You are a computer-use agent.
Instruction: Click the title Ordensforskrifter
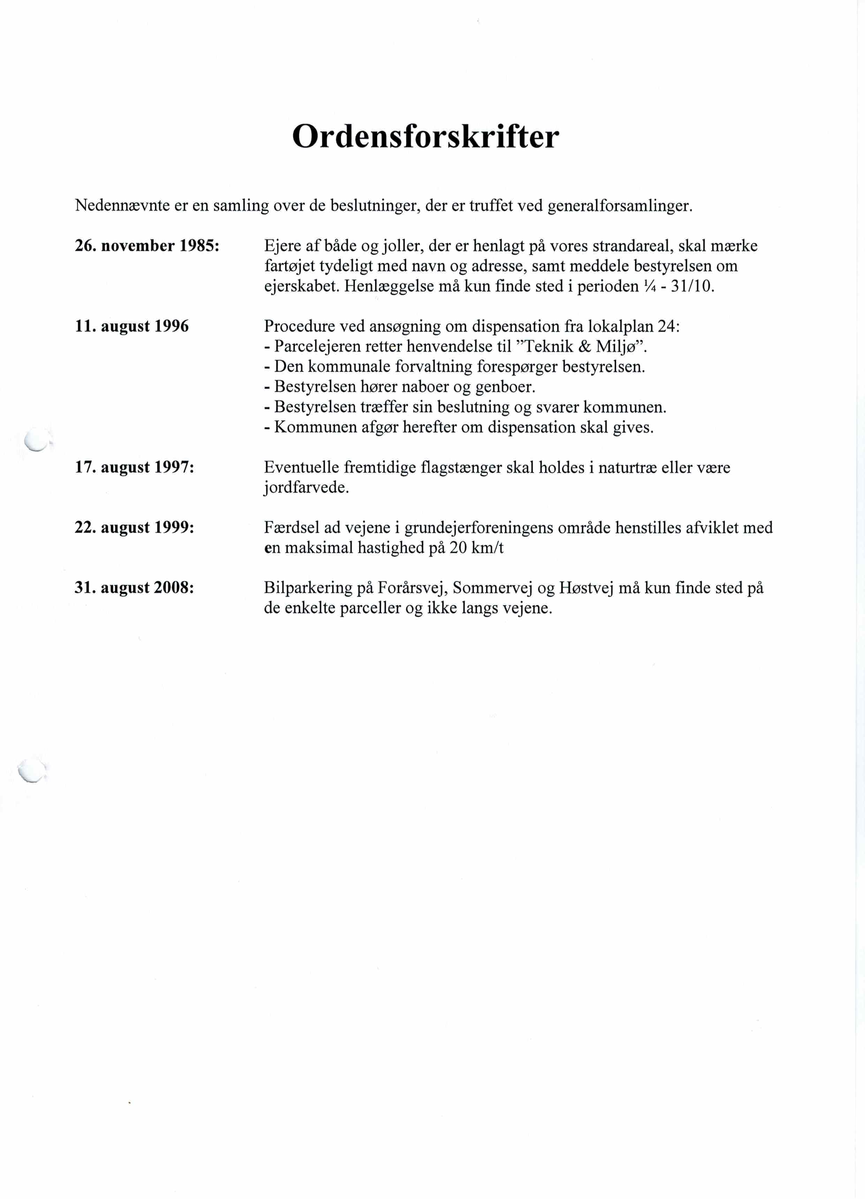pyautogui.click(x=426, y=137)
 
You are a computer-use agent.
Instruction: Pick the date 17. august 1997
pyautogui.click(x=134, y=468)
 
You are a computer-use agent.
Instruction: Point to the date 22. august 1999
pyautogui.click(x=134, y=528)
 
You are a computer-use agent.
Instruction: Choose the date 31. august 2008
pyautogui.click(x=134, y=588)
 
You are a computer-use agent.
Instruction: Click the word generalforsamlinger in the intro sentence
pyautogui.click(x=619, y=206)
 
